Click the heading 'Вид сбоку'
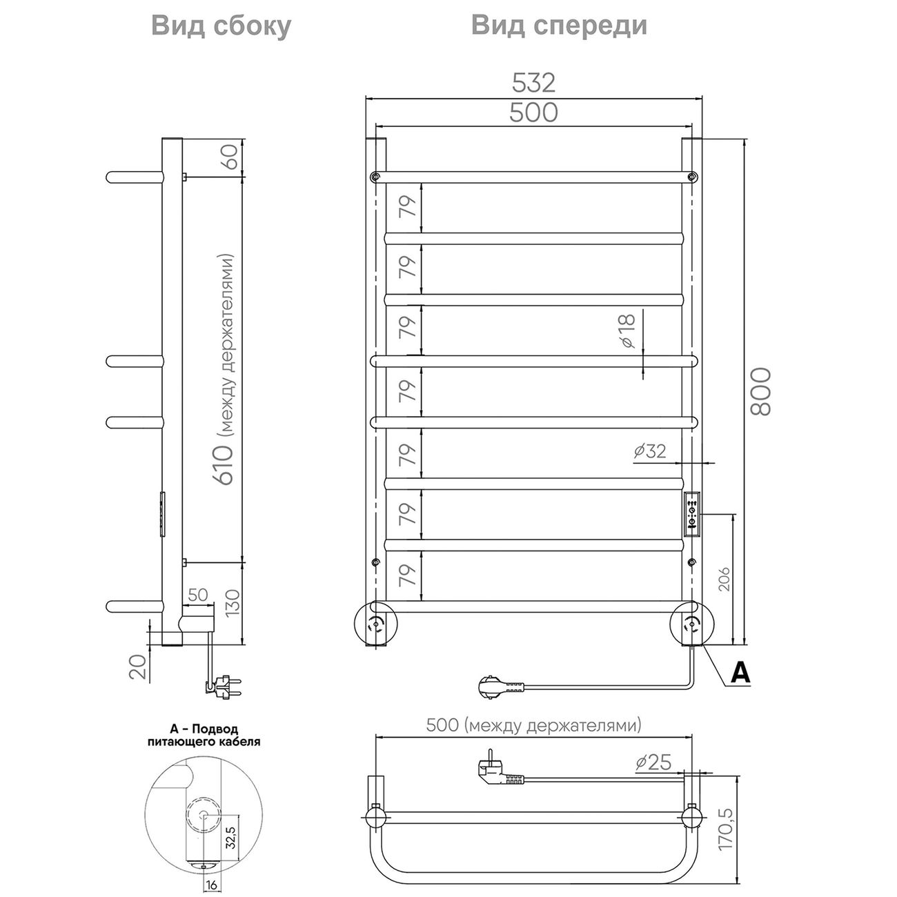221,26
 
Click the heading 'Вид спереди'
559,26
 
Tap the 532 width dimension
533,83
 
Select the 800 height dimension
760,391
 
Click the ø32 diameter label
649,451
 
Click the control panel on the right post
692,514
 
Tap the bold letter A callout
740,672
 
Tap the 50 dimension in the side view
198,595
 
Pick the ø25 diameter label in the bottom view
652,762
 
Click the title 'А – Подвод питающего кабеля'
204,736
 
